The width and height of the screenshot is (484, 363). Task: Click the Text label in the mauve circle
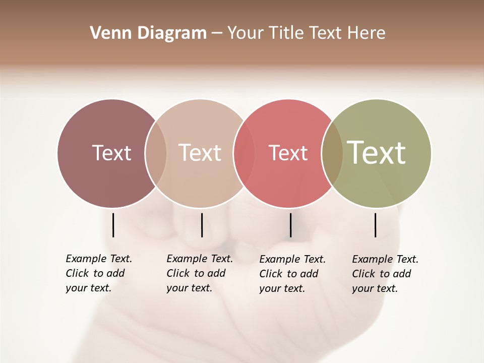(x=111, y=153)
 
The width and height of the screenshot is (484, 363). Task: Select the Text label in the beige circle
(x=200, y=153)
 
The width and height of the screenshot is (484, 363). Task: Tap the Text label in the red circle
(x=288, y=153)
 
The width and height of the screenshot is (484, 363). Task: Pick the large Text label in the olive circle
(x=377, y=153)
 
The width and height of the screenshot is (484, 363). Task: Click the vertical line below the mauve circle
(x=113, y=225)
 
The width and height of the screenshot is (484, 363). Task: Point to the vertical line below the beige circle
(x=202, y=225)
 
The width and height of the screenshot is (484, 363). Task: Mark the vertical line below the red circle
(x=290, y=225)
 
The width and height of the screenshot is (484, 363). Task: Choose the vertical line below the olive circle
(x=375, y=225)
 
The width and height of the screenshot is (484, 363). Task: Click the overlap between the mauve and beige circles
(x=156, y=153)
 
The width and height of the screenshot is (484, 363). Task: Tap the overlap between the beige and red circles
(x=244, y=153)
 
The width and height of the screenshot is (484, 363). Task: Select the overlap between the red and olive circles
(x=332, y=153)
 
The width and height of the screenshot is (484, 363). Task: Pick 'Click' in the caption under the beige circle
(x=178, y=273)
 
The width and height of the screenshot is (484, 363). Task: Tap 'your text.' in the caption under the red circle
(x=282, y=288)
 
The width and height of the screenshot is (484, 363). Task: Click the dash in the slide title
(x=217, y=33)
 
